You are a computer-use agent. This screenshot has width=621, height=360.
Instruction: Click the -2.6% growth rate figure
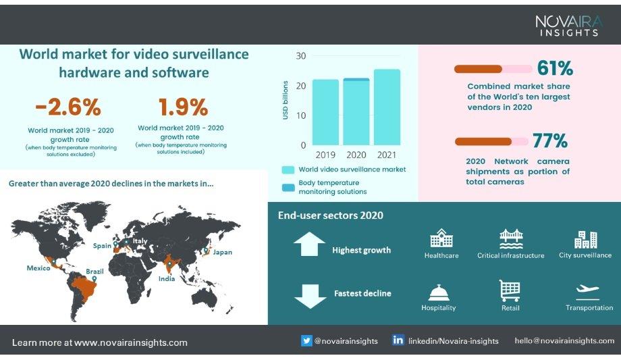[67, 107]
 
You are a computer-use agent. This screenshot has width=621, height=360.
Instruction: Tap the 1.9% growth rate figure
[182, 107]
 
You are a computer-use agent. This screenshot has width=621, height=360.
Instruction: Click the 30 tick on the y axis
[301, 56]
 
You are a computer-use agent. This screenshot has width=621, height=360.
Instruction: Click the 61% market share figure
[555, 68]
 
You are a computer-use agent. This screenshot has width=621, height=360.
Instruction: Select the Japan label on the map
[222, 253]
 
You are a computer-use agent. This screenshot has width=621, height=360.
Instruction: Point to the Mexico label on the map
[38, 268]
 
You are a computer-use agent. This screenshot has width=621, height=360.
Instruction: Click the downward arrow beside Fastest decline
[310, 296]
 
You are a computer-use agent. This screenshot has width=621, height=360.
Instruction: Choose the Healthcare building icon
[441, 238]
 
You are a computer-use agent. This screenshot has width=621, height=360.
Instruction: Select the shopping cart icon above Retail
[510, 290]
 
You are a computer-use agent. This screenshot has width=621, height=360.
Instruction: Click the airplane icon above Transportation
[587, 291]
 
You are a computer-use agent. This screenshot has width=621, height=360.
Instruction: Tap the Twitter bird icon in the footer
[306, 340]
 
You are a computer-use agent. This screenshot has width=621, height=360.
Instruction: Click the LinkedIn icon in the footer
[398, 340]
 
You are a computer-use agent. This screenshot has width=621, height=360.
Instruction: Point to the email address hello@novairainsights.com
[564, 341]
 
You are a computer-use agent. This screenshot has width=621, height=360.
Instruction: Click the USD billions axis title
[286, 101]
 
